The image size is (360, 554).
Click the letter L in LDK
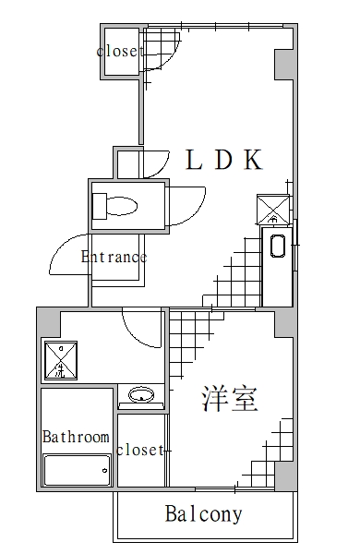tap(194, 160)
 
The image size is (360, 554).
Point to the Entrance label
tap(114, 257)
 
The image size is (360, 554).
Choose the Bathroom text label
tap(76, 437)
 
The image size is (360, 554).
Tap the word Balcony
tap(203, 514)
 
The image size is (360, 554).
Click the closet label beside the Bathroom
tap(140, 451)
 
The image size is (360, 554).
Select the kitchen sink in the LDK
tap(276, 247)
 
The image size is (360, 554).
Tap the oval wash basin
tap(142, 396)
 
